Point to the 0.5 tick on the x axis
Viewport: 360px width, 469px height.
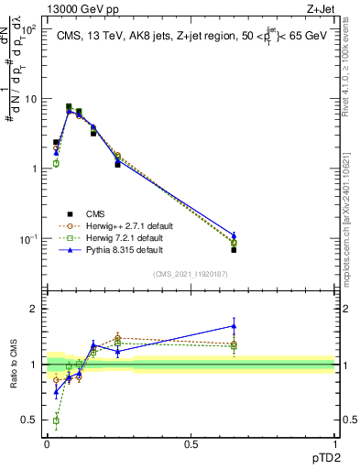click(x=191, y=442)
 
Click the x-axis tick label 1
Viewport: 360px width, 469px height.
click(x=334, y=442)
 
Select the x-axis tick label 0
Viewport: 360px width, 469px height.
click(x=46, y=442)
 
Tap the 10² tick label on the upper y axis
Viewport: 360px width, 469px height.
click(x=30, y=29)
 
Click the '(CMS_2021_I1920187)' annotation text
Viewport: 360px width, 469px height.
click(x=190, y=275)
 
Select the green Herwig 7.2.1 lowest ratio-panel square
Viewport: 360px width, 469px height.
click(x=56, y=420)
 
